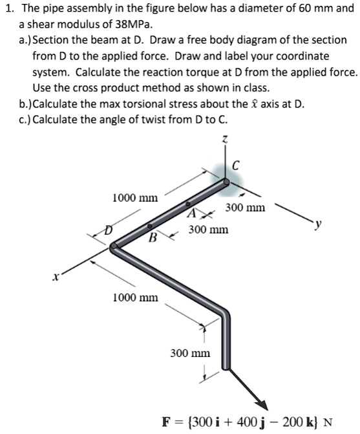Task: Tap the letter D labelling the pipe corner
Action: pyautogui.click(x=109, y=230)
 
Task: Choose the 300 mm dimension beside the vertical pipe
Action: pyautogui.click(x=189, y=353)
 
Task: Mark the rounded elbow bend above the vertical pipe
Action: pyautogui.click(x=222, y=313)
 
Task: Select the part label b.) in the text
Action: pyautogui.click(x=25, y=105)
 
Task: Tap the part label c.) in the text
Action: pyautogui.click(x=25, y=120)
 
